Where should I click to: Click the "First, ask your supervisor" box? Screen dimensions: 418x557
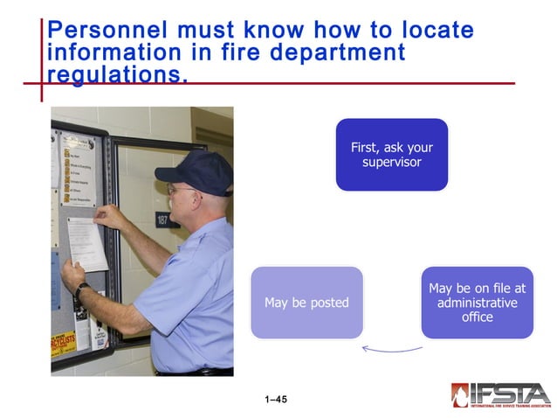pos(391,155)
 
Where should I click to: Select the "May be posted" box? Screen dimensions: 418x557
pos(306,303)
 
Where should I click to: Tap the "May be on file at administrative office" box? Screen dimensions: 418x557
pos(477,303)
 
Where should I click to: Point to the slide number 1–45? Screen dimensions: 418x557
pos(276,400)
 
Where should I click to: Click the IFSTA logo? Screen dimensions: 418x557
pos(500,395)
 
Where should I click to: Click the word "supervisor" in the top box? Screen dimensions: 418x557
pos(391,163)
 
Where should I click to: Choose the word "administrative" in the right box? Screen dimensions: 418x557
pos(477,303)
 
